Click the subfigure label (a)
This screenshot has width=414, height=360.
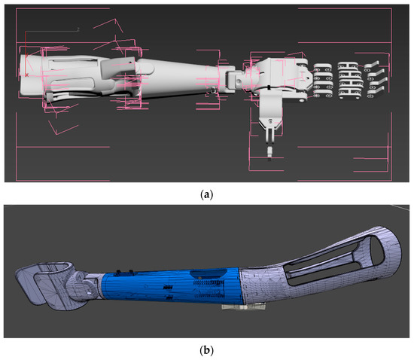tap(207, 195)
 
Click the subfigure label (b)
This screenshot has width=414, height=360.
tap(207, 350)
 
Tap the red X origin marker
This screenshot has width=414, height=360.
tap(26, 75)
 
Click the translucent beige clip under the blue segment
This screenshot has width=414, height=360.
tap(243, 307)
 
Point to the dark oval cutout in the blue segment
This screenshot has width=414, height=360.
tap(209, 273)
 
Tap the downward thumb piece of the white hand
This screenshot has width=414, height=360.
tap(271, 116)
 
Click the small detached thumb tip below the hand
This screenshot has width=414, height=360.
tap(269, 152)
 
